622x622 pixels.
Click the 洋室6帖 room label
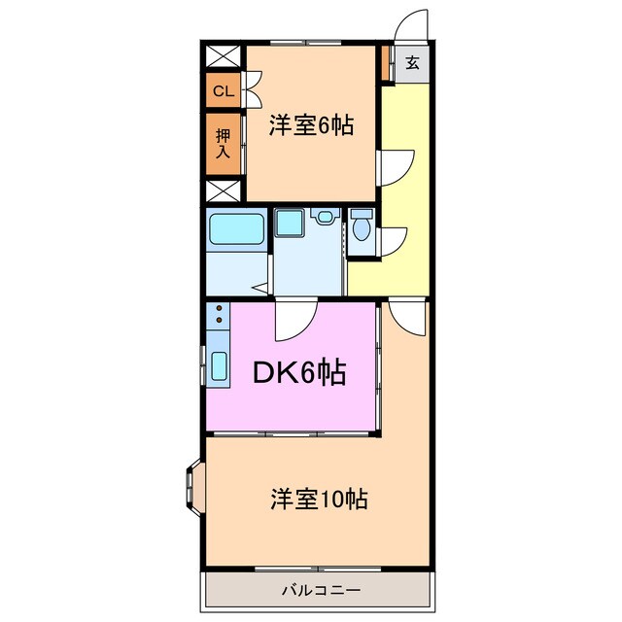pos(311,124)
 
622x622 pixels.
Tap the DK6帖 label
pos(300,372)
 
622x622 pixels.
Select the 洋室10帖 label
pos(318,500)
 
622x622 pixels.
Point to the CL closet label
pos(223,91)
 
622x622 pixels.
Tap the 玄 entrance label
pos(412,64)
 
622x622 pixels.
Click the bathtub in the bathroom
pos(236,230)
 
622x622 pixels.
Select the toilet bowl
pos(362,228)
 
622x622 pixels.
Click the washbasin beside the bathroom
pos(289,223)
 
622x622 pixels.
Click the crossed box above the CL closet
pos(223,56)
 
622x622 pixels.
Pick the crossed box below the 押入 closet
pos(223,189)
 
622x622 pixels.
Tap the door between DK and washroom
pos(295,320)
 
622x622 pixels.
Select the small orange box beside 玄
pos(387,64)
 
